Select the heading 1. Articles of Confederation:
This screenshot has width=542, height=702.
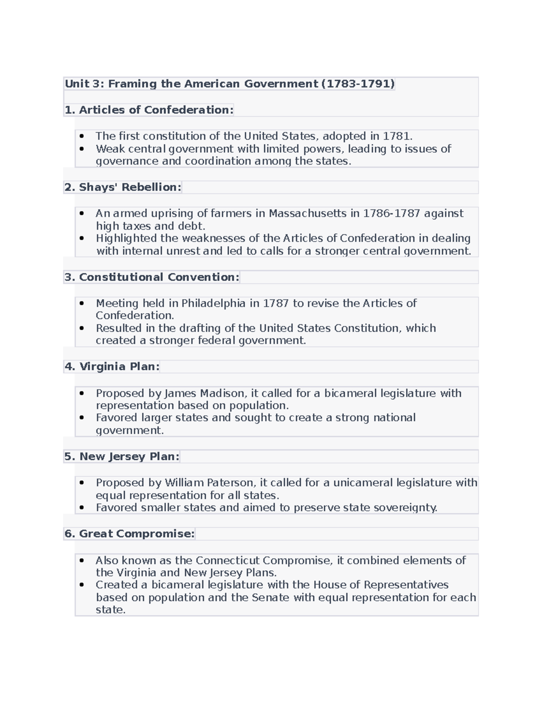(149, 110)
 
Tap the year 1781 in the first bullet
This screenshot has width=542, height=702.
(397, 136)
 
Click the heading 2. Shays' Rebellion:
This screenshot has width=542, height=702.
(123, 187)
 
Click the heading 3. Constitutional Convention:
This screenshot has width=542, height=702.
(152, 277)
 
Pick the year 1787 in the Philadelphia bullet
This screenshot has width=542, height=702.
(276, 303)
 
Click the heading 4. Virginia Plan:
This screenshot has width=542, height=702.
(112, 367)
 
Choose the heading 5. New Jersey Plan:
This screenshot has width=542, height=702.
(122, 457)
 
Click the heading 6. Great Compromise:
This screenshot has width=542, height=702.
(130, 534)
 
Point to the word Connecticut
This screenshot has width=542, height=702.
(228, 561)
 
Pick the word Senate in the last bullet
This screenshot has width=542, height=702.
(270, 598)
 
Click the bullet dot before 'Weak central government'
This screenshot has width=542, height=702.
(82, 149)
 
